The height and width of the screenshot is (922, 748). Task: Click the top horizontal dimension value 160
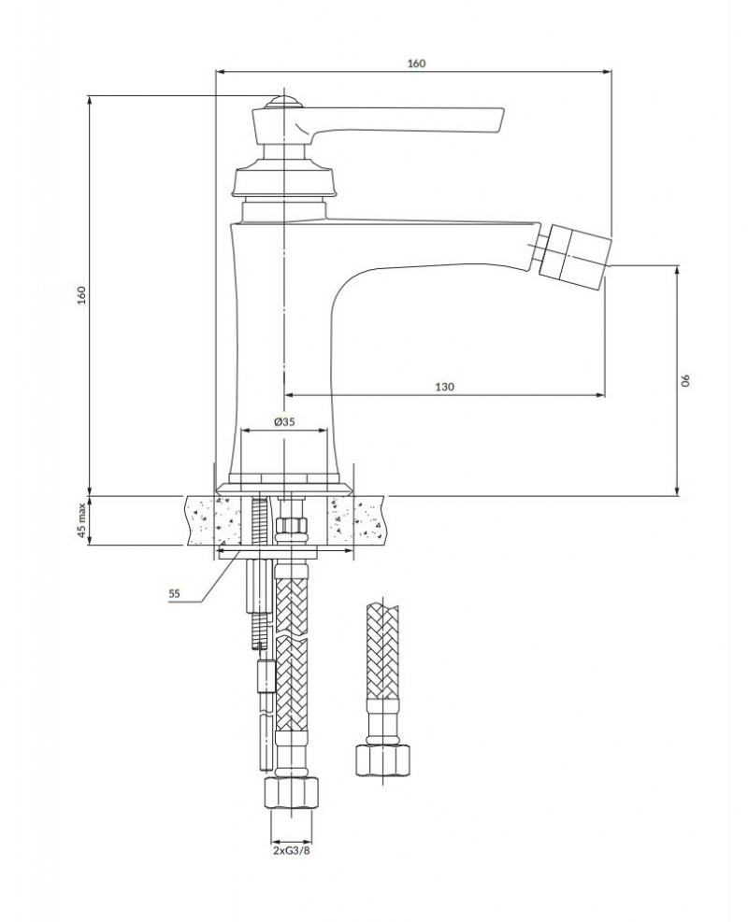pyautogui.click(x=416, y=63)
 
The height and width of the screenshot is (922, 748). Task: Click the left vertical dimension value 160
pyautogui.click(x=81, y=295)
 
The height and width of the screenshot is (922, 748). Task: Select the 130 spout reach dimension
pyautogui.click(x=444, y=387)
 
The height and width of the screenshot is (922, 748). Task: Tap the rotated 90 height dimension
pyautogui.click(x=686, y=380)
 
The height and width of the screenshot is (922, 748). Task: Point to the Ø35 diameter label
pyautogui.click(x=284, y=422)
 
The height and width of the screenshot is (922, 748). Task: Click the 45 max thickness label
pyautogui.click(x=81, y=521)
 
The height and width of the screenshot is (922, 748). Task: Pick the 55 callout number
pyautogui.click(x=173, y=592)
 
